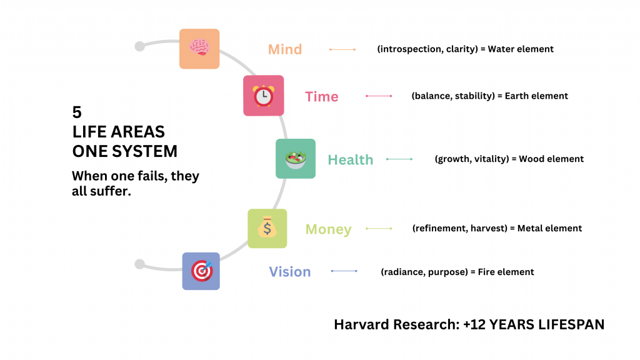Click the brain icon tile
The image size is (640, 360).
199,49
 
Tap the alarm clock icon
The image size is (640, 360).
263,96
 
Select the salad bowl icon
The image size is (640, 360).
296,159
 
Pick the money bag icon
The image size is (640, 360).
267,229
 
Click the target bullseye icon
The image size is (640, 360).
201,271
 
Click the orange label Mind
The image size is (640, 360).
285,49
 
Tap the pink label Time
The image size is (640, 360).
321,97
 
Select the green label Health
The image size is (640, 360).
350,160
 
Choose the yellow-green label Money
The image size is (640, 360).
328,229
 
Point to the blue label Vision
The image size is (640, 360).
289,272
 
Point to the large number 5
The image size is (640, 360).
77,112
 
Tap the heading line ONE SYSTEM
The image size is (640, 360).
124,151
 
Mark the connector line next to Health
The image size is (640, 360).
399,159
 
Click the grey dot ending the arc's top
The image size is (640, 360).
139,46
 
